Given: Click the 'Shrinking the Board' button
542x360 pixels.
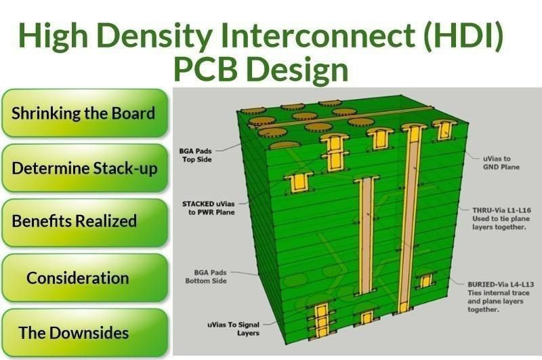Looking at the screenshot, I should click(x=84, y=113).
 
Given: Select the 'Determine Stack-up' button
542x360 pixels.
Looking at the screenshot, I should click(x=84, y=167).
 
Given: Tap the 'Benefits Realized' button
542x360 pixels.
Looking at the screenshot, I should click(x=75, y=222).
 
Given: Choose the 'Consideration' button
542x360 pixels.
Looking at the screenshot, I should click(x=77, y=277).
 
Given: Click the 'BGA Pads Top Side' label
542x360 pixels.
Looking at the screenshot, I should click(x=196, y=155).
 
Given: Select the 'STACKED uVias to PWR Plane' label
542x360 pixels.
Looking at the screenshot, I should click(x=209, y=206).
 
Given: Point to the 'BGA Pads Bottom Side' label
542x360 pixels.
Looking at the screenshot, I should click(x=206, y=277).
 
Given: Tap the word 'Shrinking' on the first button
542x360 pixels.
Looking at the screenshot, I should click(x=45, y=113).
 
